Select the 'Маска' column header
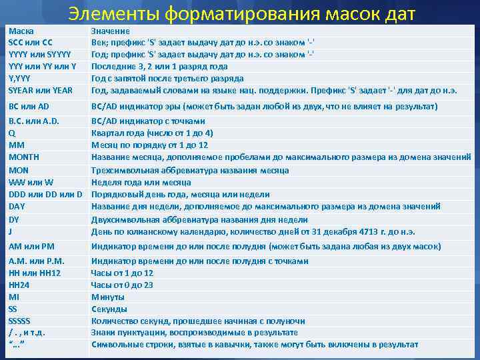(x=20, y=31)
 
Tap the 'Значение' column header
(x=110, y=31)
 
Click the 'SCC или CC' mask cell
(x=30, y=43)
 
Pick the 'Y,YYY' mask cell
(x=20, y=79)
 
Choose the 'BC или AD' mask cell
(x=29, y=107)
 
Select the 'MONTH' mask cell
(x=24, y=157)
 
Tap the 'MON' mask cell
(x=19, y=170)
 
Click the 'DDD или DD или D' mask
(x=45, y=195)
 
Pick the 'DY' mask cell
(x=14, y=219)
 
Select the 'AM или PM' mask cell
(x=31, y=247)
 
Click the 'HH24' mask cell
(x=19, y=285)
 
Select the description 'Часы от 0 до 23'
(x=122, y=285)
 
